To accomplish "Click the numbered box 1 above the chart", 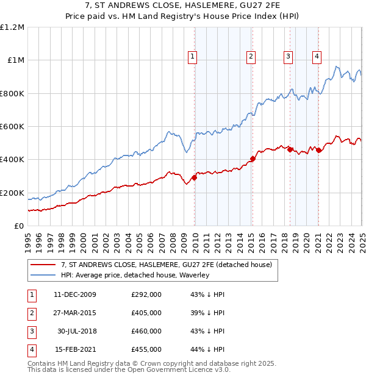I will coord(192,57).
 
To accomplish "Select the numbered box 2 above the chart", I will coord(251,57).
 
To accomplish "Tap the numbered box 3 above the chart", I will coord(288,57).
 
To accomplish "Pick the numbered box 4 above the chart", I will coord(317,57).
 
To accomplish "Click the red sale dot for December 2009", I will coord(195,177).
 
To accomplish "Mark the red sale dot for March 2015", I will coord(253,159).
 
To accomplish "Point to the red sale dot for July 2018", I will coord(290,149).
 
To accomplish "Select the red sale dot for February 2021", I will coord(319,150).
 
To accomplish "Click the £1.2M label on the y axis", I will coord(12,27).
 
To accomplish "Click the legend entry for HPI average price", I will coord(135,275).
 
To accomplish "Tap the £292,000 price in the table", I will coord(146,294).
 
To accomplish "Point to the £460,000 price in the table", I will coord(146,331).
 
